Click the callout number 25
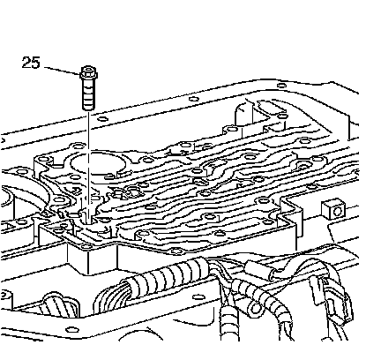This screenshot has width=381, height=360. point(31,63)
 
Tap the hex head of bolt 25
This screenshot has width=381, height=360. point(88,72)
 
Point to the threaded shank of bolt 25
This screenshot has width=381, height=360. point(88,94)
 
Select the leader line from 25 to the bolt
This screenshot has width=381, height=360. point(63,71)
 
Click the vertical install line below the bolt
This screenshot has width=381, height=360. point(88,166)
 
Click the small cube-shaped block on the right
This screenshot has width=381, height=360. point(333,209)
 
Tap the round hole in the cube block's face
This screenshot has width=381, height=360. point(338,211)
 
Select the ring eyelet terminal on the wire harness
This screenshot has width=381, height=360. point(255,308)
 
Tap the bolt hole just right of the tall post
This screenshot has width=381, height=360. point(282,115)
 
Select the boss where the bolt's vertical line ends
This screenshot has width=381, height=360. point(88,218)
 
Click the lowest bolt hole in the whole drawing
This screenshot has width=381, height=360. point(71,329)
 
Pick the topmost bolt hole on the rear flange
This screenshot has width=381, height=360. point(282,86)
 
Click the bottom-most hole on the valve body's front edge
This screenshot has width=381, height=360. point(176,251)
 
